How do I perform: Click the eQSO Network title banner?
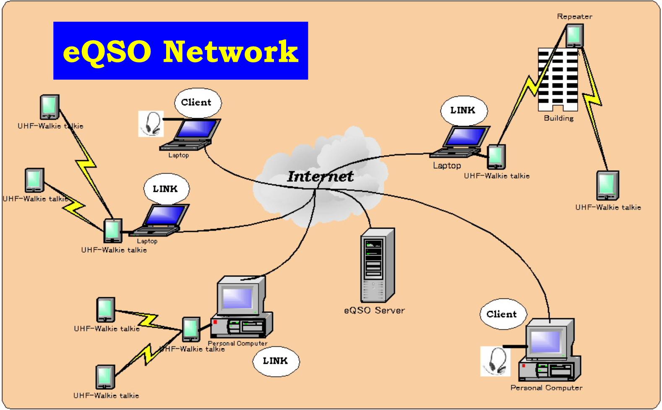[x=180, y=51]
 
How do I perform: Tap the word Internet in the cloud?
[x=320, y=176]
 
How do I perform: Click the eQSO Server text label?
[x=374, y=311]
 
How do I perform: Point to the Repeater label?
[x=574, y=17]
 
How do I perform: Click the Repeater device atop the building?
[x=574, y=35]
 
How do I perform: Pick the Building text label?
[x=558, y=118]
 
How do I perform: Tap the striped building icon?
[x=558, y=80]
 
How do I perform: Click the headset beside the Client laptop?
[x=151, y=124]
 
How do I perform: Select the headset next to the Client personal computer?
[x=495, y=361]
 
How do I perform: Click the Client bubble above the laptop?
[x=196, y=102]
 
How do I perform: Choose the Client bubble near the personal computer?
[x=501, y=314]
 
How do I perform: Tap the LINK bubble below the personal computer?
[x=275, y=361]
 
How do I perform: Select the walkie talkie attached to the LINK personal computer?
[x=191, y=329]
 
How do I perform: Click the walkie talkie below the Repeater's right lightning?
[x=607, y=185]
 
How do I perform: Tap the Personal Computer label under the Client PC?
[x=546, y=388]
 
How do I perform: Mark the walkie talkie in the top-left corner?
[x=50, y=107]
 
